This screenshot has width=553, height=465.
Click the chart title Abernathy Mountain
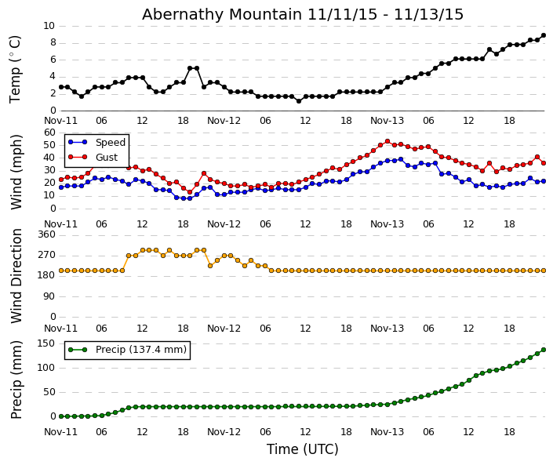[x=302, y=14]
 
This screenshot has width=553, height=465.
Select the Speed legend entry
[x=110, y=143]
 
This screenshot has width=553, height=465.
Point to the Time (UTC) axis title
[x=302, y=449]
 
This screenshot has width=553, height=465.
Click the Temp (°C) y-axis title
[x=16, y=68]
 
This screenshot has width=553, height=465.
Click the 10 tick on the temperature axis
[x=49, y=26]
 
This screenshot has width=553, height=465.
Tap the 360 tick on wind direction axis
[x=46, y=234]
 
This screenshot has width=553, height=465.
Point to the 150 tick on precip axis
[x=46, y=343]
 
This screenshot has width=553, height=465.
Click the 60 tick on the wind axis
[x=49, y=133]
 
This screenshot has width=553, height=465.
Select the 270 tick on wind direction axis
[x=46, y=255]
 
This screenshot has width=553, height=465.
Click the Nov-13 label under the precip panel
[x=387, y=432]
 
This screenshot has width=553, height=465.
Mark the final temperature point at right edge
[x=544, y=35]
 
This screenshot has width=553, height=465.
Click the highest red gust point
[x=387, y=141]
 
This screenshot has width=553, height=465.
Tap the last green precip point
[x=544, y=350]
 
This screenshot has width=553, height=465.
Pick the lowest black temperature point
[x=298, y=101]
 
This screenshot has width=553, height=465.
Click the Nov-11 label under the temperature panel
[x=61, y=121]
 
